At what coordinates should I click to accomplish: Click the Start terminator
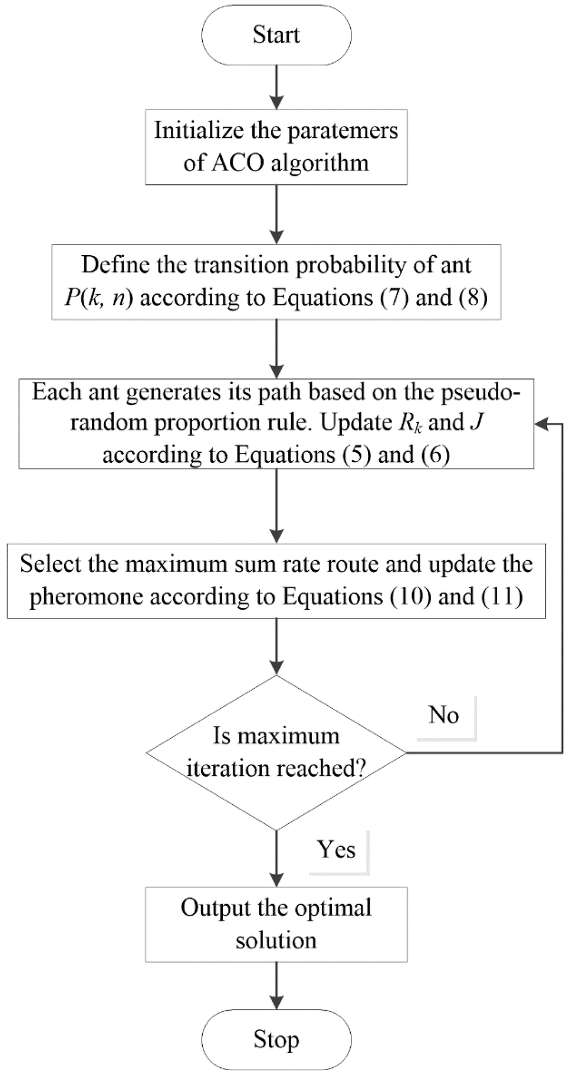click(276, 35)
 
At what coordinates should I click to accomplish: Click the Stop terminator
click(276, 1040)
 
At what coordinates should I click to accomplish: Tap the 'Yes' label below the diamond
click(336, 849)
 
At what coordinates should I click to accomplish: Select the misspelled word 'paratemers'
click(344, 131)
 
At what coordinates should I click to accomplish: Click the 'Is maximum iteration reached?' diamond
click(276, 752)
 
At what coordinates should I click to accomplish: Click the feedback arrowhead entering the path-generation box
click(541, 424)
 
